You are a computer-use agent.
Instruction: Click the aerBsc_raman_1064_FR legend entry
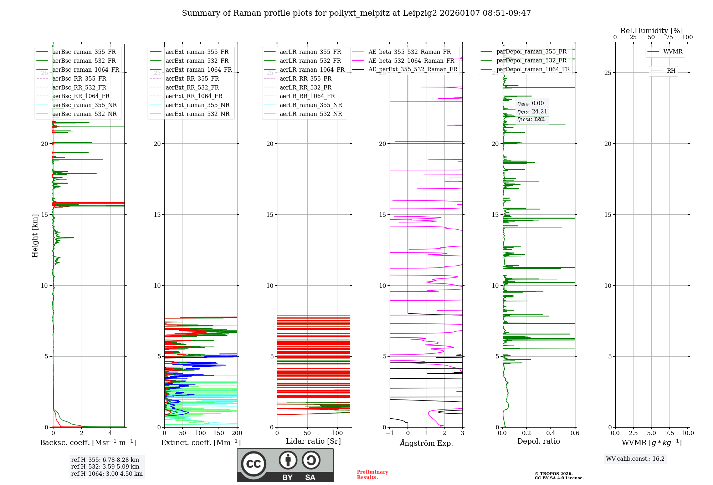click(x=86, y=70)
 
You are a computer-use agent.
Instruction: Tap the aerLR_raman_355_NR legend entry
click(x=311, y=105)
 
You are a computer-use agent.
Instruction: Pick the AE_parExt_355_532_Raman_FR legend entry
click(x=412, y=70)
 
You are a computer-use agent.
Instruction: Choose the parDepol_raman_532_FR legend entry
click(x=531, y=61)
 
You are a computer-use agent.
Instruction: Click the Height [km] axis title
click(x=35, y=236)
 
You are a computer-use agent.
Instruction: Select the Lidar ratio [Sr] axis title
click(x=313, y=441)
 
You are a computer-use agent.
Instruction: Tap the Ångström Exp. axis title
click(x=426, y=443)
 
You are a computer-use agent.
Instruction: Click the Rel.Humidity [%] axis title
click(x=651, y=31)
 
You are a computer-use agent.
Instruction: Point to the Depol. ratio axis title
click(x=538, y=441)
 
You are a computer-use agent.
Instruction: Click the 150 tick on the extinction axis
click(x=219, y=433)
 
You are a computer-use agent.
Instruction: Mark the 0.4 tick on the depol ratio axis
click(x=551, y=433)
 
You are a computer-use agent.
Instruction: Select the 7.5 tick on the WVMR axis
click(x=670, y=433)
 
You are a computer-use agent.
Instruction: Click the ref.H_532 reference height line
click(x=105, y=467)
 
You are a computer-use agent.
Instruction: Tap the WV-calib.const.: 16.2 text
click(x=635, y=459)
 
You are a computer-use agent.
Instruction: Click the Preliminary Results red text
click(x=372, y=475)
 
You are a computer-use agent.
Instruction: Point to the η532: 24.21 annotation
click(x=532, y=112)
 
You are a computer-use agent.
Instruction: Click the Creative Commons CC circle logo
click(x=254, y=464)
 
